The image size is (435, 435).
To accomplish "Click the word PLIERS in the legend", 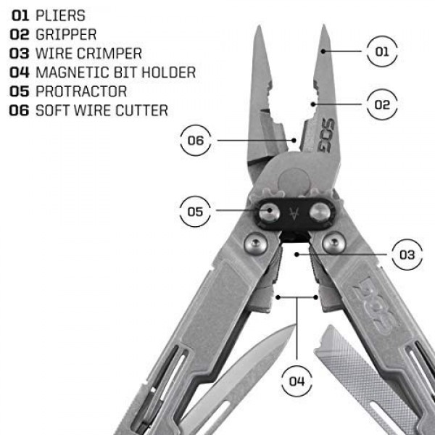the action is pos(60,15).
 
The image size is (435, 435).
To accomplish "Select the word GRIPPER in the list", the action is pos(66,34).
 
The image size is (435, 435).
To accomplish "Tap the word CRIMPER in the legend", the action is pos(109,53).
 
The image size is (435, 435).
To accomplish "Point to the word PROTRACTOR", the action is pos(81,91).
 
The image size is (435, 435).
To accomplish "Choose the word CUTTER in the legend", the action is pos(142,110).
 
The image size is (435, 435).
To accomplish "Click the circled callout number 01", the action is pos(382,51).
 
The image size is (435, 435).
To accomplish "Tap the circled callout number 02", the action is pos(382,104).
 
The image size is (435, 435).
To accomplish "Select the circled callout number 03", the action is pos(407,254).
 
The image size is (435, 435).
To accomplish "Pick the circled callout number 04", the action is pos(297,381).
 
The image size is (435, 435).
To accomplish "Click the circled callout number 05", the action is pos(195,212).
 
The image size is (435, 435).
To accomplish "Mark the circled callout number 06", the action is pos(195,141).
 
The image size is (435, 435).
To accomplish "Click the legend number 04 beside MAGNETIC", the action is pos(20,72).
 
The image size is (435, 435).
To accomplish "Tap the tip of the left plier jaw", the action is pos(259,26).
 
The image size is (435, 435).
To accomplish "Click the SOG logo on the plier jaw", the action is pos(328,136).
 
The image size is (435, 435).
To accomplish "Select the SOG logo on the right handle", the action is pos(375,304).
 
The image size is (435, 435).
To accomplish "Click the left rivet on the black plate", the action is pos(269,212).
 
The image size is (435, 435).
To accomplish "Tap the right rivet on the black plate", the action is pos(320,212).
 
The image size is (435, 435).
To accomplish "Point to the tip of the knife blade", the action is pos(294,325).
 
